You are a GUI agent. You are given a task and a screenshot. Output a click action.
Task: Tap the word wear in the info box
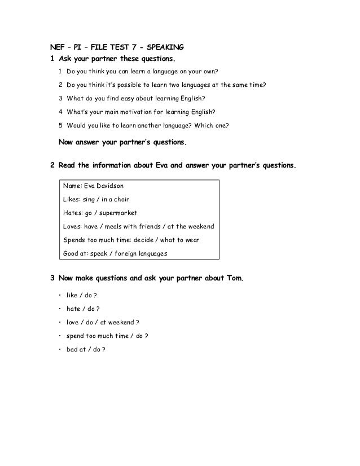(x=192, y=240)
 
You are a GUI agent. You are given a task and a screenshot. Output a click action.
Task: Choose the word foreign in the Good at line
(x=128, y=253)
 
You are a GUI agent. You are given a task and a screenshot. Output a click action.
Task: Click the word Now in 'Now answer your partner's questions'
(x=67, y=143)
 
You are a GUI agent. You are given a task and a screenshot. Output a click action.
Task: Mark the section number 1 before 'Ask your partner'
(x=52, y=59)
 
